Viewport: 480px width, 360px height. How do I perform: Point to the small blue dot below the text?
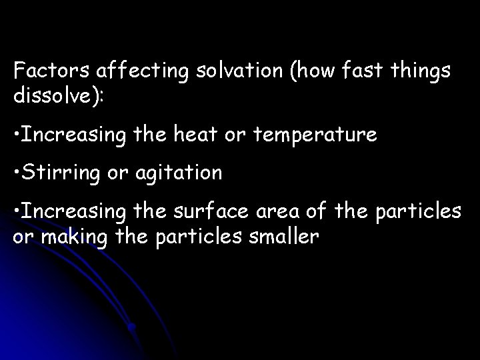point(133,327)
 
